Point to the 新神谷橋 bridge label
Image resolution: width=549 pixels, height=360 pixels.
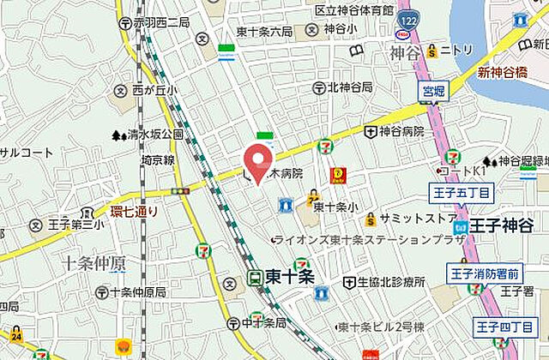pos(502,72)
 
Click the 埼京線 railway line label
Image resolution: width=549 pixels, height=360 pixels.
pos(158,159)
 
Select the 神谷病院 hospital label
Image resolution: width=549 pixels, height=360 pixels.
pos(401,131)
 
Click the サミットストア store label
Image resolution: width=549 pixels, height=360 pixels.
pos(418,218)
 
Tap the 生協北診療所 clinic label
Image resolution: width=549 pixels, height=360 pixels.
pos(390,282)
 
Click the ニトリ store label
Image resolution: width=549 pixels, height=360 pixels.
pos(456,50)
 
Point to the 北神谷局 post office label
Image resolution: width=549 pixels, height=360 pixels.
pos(349,87)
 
